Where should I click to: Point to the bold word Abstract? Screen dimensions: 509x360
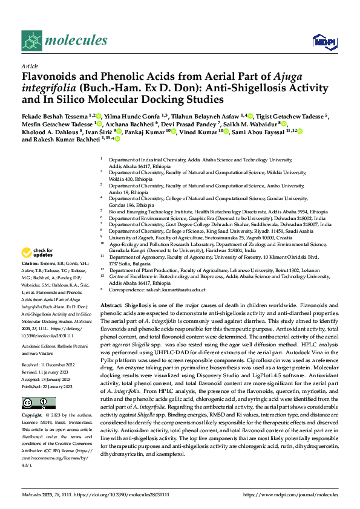pos(112,306)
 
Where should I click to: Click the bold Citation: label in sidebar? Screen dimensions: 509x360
pos(30,264)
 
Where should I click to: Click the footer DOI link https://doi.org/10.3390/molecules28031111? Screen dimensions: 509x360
pos(126,495)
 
